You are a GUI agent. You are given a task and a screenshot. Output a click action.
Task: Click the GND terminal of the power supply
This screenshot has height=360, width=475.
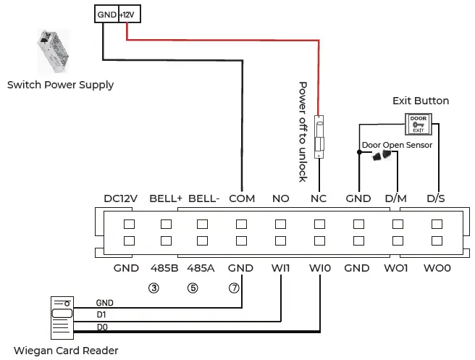pyautogui.click(x=106, y=14)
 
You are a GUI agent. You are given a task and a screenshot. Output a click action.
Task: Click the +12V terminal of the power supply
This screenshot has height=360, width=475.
pyautogui.click(x=127, y=14)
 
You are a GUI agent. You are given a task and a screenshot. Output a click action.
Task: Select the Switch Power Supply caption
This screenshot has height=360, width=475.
pyautogui.click(x=60, y=85)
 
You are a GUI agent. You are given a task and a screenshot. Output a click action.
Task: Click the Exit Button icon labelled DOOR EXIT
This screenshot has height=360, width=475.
pyautogui.click(x=419, y=123)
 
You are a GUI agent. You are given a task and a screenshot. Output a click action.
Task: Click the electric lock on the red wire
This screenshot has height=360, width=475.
pyautogui.click(x=319, y=135)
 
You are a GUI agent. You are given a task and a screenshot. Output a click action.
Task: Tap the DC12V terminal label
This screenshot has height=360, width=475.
pyautogui.click(x=121, y=198)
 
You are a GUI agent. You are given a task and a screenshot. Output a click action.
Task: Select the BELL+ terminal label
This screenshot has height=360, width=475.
pyautogui.click(x=166, y=198)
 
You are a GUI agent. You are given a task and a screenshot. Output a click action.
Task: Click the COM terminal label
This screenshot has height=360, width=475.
pyautogui.click(x=241, y=198)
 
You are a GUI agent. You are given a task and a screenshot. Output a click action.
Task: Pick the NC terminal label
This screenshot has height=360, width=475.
pyautogui.click(x=319, y=198)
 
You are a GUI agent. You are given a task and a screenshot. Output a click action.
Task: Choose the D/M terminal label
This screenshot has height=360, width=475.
pyautogui.click(x=395, y=198)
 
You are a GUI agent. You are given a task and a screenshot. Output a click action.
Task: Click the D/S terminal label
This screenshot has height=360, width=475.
pyautogui.click(x=436, y=198)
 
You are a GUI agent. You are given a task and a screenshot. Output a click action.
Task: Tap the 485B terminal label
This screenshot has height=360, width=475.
pyautogui.click(x=164, y=267)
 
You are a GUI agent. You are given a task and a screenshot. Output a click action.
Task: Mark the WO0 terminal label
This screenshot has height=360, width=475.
pyautogui.click(x=437, y=267)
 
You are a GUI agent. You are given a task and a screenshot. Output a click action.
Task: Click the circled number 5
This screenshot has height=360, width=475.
pyautogui.click(x=193, y=288)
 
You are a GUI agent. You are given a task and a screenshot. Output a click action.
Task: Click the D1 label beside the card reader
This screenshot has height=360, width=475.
pyautogui.click(x=101, y=315)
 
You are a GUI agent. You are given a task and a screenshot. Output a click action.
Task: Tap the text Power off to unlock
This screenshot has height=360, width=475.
pyautogui.click(x=303, y=131)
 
